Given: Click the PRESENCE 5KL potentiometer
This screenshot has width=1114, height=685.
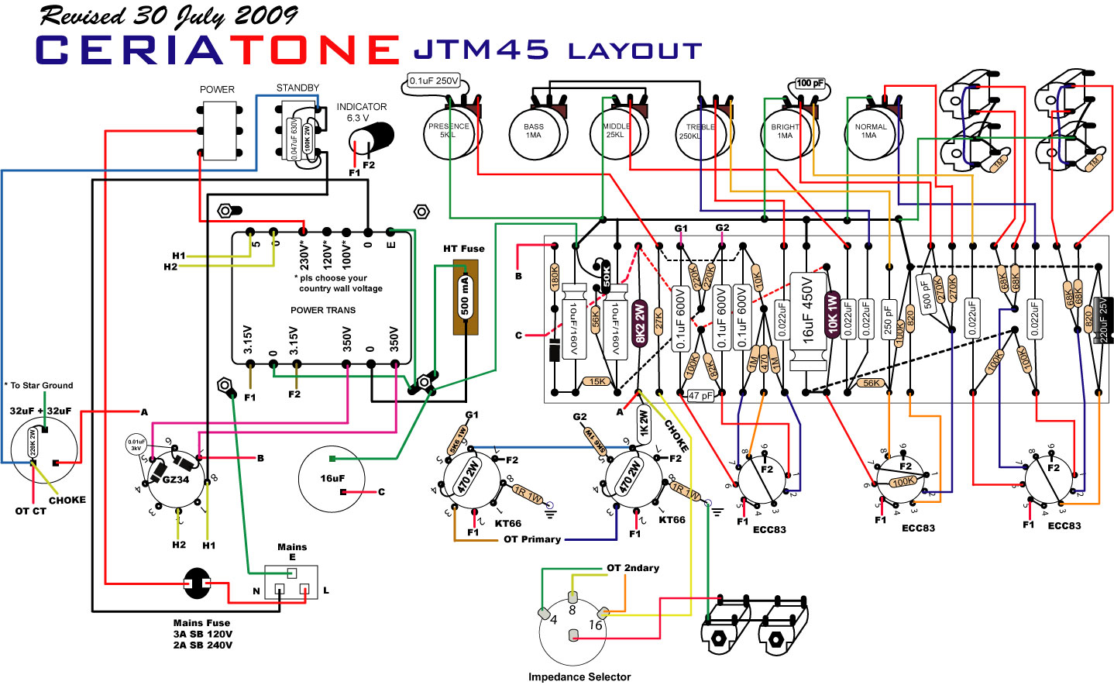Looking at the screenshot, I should coord(449,135).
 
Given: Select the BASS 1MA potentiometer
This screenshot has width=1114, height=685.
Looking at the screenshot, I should coord(534,135).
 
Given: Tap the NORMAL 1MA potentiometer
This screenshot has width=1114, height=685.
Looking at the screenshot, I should coord(870,135).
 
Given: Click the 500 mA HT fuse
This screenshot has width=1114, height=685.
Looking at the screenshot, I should coord(465,297).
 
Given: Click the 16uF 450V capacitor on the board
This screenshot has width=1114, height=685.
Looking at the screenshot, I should coord(807,320).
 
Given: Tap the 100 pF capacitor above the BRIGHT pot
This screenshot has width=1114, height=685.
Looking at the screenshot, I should coord(810,83).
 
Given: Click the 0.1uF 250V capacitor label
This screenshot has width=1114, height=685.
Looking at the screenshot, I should coord(434,81).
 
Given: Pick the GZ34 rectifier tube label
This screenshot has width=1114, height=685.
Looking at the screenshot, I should coord(175,479).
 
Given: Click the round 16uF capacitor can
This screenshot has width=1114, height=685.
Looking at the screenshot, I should coord(332,478).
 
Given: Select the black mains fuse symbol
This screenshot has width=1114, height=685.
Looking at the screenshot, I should coord(197,583).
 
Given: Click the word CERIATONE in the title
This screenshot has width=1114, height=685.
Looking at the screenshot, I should coord(217,50).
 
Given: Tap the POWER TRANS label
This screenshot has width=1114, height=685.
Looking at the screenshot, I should coord(323,310).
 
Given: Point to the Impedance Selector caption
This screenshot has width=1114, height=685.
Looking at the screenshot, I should coord(579,676).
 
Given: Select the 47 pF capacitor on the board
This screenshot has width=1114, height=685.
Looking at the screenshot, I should coord(701,395).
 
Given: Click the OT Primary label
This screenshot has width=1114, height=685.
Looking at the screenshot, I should coord(532,539).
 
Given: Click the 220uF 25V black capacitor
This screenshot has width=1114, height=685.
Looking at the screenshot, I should coord(1104,319).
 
